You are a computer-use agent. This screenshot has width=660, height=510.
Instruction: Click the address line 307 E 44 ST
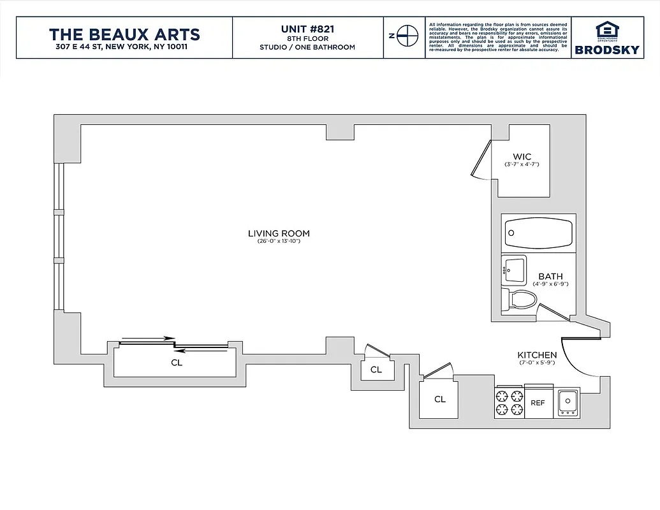(x=124, y=47)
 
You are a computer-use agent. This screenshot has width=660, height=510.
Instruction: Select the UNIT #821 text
(x=307, y=29)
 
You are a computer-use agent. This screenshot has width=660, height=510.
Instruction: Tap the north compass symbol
(x=404, y=36)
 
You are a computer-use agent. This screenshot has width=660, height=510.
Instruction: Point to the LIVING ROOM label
(x=279, y=233)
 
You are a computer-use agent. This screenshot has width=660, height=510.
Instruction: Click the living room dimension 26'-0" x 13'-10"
(x=279, y=242)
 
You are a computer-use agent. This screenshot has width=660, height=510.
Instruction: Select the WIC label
(x=522, y=157)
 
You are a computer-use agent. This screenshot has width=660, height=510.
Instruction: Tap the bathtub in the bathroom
(x=538, y=233)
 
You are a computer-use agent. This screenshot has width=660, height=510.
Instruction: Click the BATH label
(x=550, y=276)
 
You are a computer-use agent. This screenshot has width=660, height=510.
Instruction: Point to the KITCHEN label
(x=536, y=355)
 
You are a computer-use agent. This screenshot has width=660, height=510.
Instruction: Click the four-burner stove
(x=509, y=402)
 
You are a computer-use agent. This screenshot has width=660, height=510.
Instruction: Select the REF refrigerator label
(x=538, y=403)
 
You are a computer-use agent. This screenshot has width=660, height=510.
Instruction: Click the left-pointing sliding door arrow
(x=200, y=350)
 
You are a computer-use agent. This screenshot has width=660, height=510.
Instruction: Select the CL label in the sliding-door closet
(x=177, y=363)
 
